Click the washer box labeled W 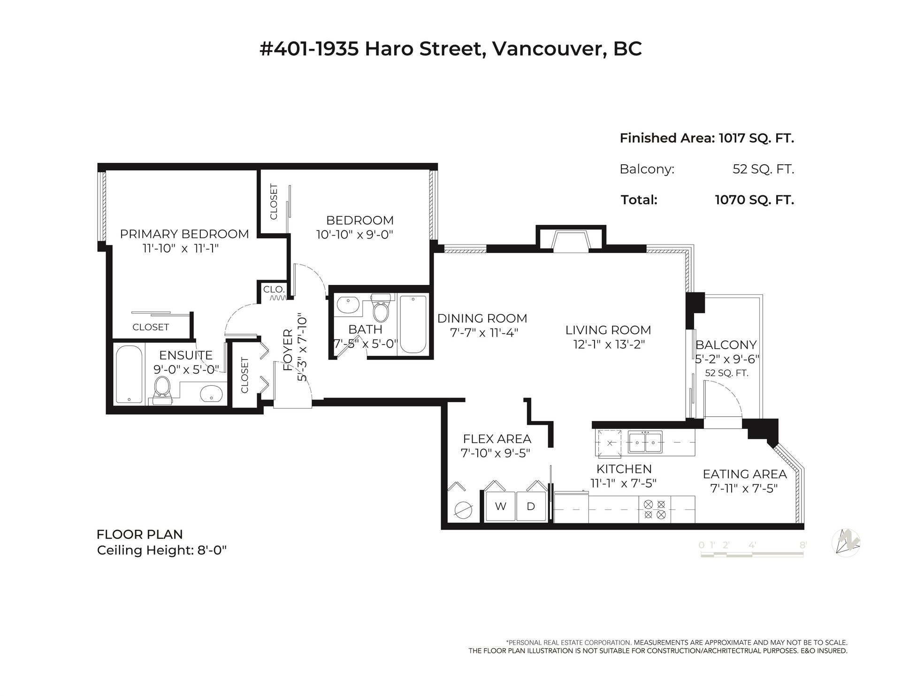[x=501, y=506]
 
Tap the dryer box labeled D [x=531, y=506]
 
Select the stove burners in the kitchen [x=655, y=509]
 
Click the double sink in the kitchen [x=645, y=442]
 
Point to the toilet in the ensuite [x=162, y=390]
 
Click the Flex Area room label [x=497, y=439]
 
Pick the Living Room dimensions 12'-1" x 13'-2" [x=609, y=344]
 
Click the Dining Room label [x=482, y=318]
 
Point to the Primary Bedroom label [x=184, y=234]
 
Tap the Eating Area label [x=745, y=474]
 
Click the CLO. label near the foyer [x=274, y=290]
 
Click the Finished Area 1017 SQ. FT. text [x=707, y=138]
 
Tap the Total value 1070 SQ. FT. [x=754, y=200]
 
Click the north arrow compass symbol [x=846, y=543]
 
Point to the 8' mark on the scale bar [x=803, y=545]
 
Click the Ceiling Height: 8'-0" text [x=162, y=550]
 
